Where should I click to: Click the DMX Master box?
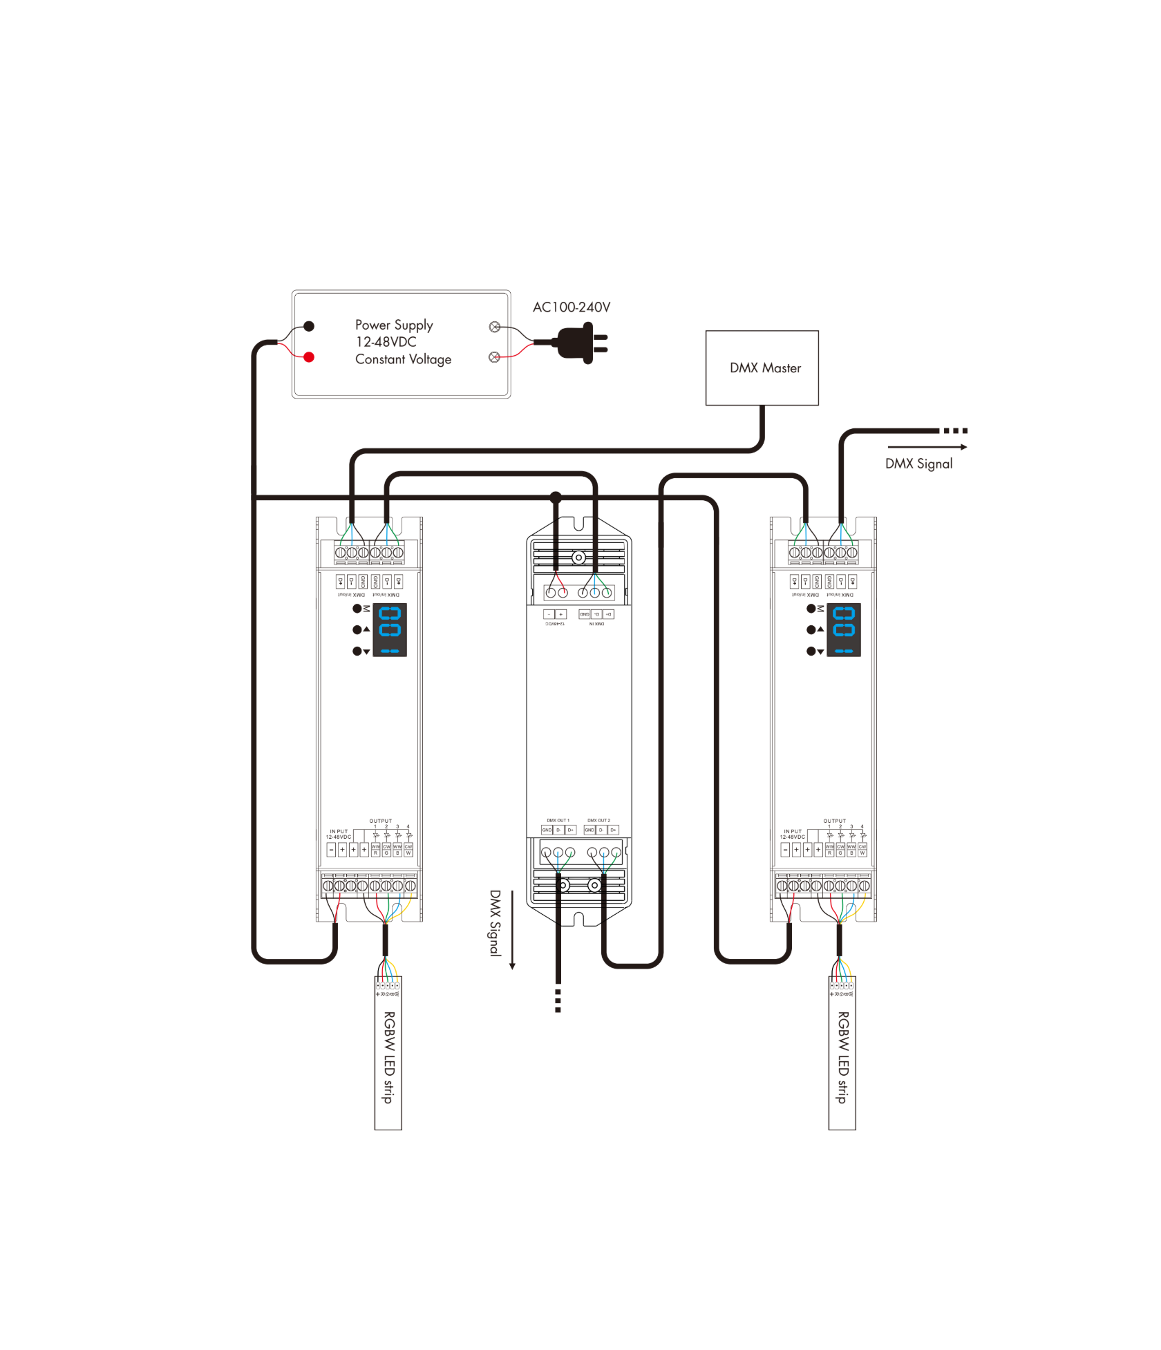762,368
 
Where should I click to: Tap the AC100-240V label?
572,307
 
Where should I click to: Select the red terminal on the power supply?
309,357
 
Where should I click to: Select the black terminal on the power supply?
309,326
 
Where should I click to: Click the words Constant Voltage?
403,359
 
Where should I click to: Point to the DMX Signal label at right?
918,464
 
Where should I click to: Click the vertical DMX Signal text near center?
495,922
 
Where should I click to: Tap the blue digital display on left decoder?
390,629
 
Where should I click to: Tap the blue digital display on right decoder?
844,629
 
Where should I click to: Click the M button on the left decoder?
357,609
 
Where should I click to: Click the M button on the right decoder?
811,609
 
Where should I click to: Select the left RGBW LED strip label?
389,1056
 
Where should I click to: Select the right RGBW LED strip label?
842,1056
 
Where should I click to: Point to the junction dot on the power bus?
556,497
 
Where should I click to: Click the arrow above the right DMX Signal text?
927,447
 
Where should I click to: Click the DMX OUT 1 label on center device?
558,821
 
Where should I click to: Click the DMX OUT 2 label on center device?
598,821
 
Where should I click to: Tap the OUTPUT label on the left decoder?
380,821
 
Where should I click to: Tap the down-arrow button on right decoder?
811,651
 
